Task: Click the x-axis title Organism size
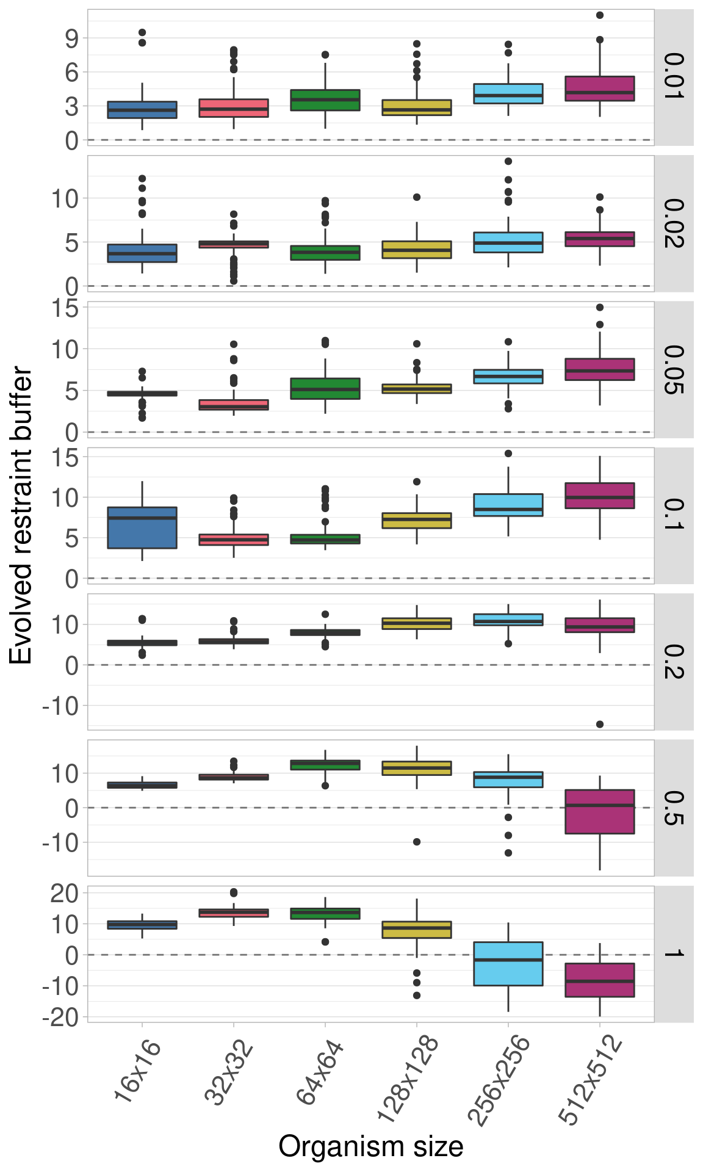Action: pos(370,1146)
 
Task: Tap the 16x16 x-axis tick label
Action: pos(138,1072)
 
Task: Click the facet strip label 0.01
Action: pos(674,77)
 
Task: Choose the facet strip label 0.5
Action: pos(674,808)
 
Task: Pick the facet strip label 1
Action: pos(674,953)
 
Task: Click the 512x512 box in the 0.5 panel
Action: pos(600,812)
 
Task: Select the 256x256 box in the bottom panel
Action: pos(508,964)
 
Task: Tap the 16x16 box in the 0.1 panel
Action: pos(142,528)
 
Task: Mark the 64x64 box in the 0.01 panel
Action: pos(325,100)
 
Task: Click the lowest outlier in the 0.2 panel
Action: pos(600,724)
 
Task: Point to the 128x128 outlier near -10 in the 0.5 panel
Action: pos(417,842)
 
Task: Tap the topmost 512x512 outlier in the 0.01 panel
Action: pos(600,15)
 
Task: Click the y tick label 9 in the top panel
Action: pos(72,38)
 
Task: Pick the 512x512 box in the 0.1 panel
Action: pos(600,496)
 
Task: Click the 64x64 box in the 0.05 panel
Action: pos(325,389)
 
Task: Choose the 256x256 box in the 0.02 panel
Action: pos(508,242)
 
